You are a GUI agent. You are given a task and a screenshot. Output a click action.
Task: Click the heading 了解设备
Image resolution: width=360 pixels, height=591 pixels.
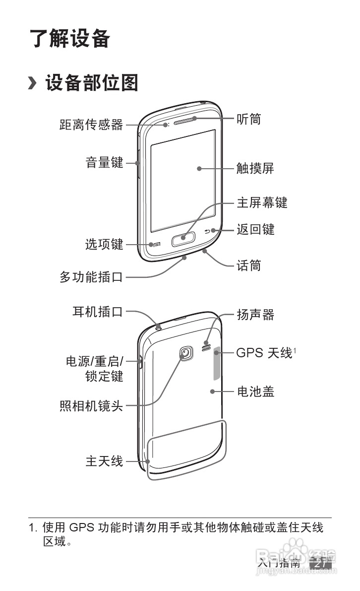[70, 39]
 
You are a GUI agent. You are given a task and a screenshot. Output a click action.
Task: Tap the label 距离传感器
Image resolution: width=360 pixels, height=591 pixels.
[91, 125]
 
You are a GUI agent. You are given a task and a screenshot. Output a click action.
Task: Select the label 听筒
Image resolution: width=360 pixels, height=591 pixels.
[248, 119]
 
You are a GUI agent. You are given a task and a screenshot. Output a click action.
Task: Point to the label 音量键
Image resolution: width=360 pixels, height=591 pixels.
[104, 162]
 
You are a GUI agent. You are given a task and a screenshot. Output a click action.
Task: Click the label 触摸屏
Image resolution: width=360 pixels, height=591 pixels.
[255, 169]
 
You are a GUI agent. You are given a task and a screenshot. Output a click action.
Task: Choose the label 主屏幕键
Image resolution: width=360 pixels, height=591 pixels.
[261, 202]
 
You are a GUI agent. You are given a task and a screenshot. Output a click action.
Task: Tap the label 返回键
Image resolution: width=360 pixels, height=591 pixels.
[255, 230]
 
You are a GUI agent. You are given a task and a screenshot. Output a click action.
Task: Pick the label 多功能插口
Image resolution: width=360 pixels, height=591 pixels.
[91, 277]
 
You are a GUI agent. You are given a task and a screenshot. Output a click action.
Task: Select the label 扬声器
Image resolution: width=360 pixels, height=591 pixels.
[255, 315]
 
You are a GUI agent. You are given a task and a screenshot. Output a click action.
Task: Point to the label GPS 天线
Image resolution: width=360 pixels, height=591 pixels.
[264, 353]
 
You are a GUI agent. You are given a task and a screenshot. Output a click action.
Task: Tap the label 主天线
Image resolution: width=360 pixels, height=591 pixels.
[104, 461]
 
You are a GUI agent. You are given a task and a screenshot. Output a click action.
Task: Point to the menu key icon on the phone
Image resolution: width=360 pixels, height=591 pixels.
[157, 244]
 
